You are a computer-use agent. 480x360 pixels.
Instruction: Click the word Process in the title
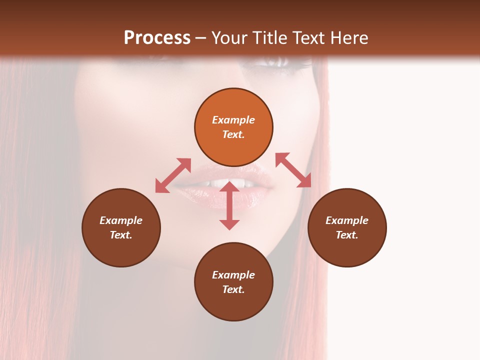(157, 38)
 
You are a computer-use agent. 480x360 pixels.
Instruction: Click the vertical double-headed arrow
(229, 206)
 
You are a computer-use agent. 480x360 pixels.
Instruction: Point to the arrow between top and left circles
(173, 175)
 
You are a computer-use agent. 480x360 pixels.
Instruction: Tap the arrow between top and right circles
(293, 170)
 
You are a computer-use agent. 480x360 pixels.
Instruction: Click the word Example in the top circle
(233, 120)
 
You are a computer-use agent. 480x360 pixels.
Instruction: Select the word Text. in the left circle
(121, 235)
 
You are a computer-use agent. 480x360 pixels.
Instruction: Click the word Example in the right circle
(347, 220)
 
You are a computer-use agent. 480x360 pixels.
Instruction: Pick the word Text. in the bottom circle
(233, 289)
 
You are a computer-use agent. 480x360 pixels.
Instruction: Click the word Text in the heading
(309, 38)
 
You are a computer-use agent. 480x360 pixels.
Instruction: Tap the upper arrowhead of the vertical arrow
(229, 186)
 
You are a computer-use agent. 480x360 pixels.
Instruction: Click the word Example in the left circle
(121, 220)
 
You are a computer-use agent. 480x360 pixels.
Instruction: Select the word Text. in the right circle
(347, 235)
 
